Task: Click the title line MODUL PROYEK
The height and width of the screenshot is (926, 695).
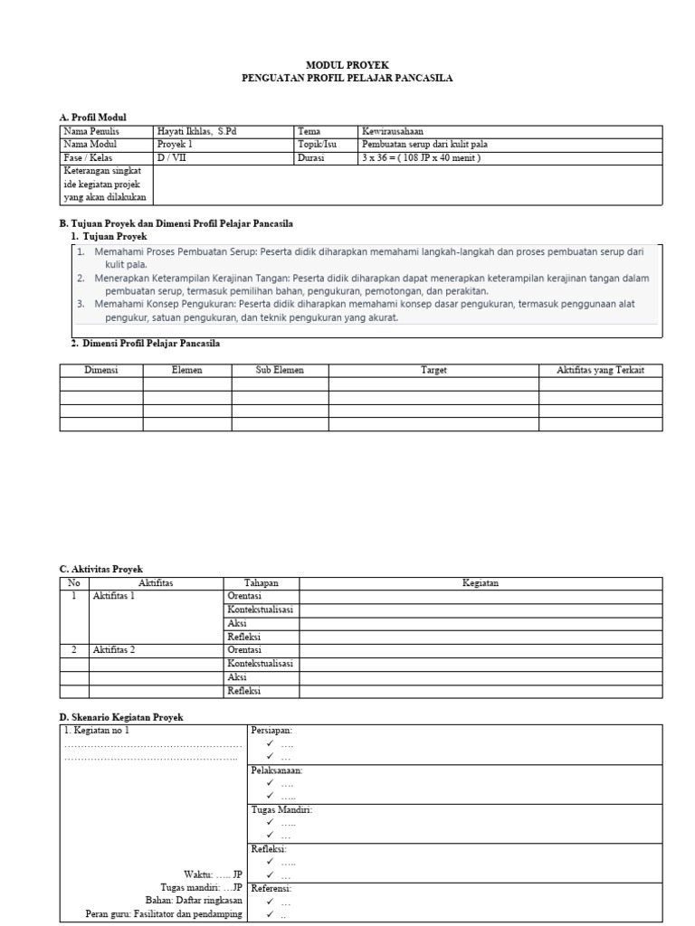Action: click(x=347, y=65)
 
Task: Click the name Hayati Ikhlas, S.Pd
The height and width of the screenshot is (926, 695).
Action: click(x=196, y=131)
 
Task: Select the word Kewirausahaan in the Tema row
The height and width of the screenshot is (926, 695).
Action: click(x=393, y=131)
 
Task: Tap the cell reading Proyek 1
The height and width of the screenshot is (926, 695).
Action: click(x=176, y=145)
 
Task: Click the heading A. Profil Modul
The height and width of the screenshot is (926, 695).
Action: click(x=93, y=118)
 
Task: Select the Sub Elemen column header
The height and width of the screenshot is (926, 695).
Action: click(x=280, y=371)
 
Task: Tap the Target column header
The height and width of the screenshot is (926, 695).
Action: click(x=433, y=371)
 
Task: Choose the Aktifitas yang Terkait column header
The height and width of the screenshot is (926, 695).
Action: click(x=600, y=371)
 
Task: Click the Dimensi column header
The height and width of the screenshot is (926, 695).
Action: click(x=101, y=371)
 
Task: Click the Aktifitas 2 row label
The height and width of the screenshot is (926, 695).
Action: click(x=114, y=650)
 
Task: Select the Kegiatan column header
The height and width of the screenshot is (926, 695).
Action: click(x=481, y=583)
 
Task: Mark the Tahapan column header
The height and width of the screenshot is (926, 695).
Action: click(x=261, y=583)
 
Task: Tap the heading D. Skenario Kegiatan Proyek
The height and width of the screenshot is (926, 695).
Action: click(x=121, y=717)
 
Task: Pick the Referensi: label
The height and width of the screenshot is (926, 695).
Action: click(x=271, y=889)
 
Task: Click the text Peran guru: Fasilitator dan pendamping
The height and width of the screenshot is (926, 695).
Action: click(x=164, y=915)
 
